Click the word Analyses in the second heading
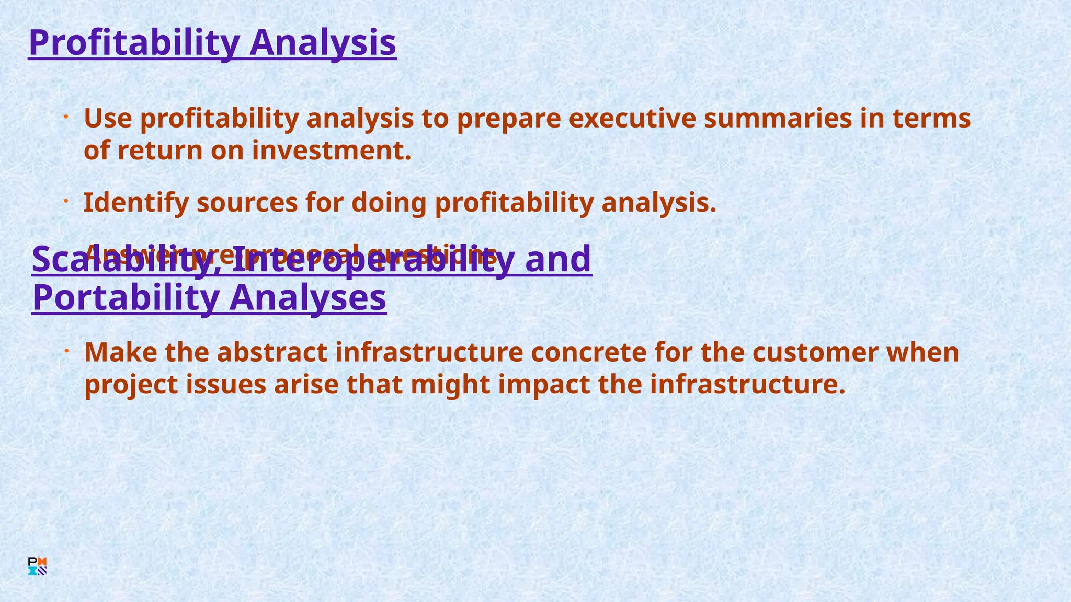click(307, 297)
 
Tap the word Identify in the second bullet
click(135, 203)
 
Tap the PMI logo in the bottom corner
click(38, 566)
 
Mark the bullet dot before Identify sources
click(66, 201)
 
